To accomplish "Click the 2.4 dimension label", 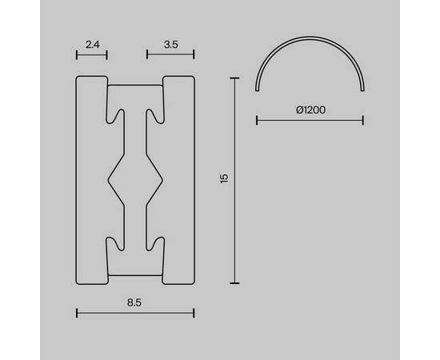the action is pos(92,45).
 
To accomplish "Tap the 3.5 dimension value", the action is pos(171,45).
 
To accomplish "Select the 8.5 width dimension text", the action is pos(134,302).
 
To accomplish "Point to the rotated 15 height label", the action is pos(224,178).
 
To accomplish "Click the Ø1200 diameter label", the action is pos(311,110).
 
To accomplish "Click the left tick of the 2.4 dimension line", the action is pos(77,54).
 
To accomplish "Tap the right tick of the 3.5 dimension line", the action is pos(194,54).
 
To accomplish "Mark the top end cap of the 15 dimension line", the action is pos(234,78).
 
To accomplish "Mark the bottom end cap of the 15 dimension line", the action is pos(234,283).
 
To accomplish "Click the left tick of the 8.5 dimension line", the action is pos(77,313).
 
